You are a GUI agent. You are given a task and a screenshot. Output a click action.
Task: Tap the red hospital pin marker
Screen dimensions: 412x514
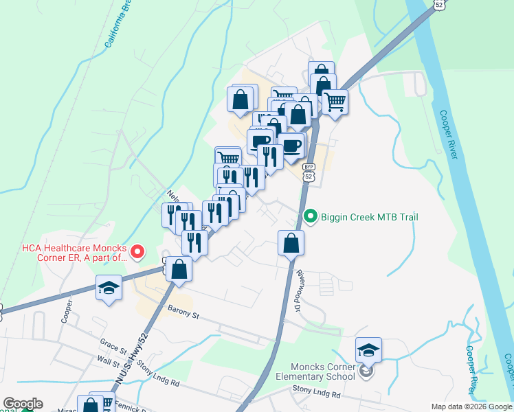(137, 252)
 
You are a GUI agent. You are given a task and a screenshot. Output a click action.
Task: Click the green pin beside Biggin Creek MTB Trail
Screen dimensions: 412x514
(310, 218)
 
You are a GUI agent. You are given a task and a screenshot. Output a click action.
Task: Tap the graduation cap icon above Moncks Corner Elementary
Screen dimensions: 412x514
(368, 351)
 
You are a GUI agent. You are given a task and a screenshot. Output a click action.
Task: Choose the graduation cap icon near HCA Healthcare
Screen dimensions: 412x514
(109, 288)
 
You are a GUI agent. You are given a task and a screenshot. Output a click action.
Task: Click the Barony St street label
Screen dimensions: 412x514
(181, 315)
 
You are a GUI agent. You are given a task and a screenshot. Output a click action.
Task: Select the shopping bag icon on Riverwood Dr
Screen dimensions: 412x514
(291, 243)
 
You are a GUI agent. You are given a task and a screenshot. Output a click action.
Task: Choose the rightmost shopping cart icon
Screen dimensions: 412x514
(335, 101)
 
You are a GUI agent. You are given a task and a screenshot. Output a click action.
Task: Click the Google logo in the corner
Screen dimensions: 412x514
(23, 404)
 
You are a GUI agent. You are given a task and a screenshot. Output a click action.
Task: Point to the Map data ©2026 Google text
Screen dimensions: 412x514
(471, 407)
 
